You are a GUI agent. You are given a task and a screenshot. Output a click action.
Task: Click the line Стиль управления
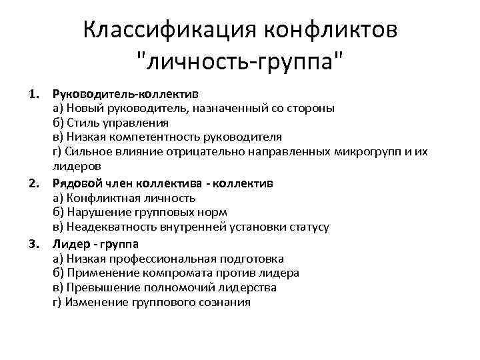110,123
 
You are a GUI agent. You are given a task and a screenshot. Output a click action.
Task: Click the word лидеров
77,167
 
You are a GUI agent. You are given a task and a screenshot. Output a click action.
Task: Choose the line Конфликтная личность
123,197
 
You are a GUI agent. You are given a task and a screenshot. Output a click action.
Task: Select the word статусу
309,227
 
